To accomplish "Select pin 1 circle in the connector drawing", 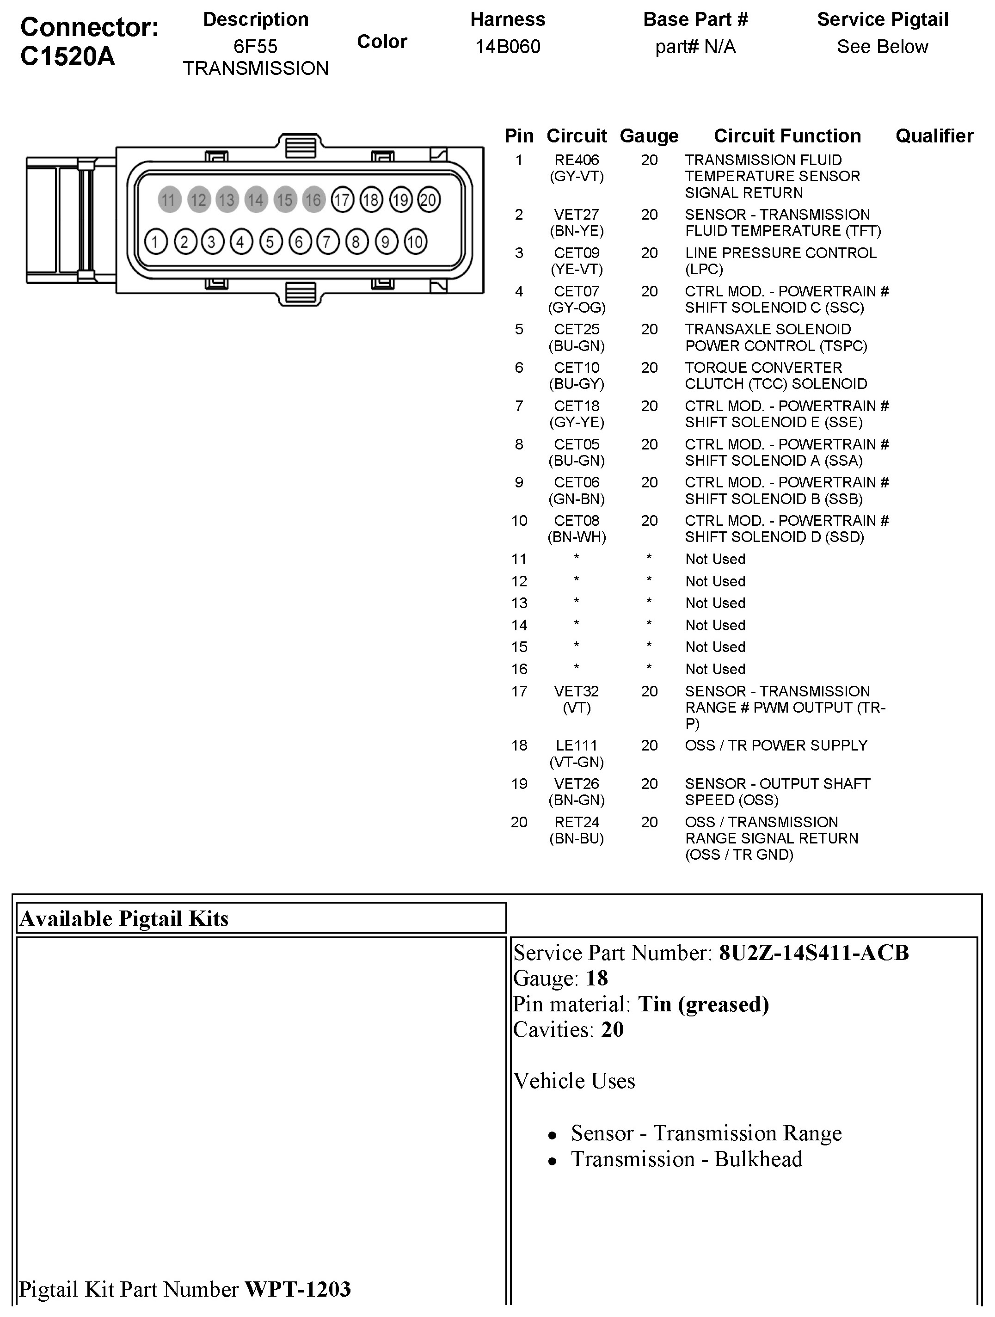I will (156, 242).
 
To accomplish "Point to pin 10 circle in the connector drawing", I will (415, 242).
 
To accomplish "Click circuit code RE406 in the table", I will (577, 160).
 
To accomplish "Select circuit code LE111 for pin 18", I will (577, 745).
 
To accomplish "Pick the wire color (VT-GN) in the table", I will (577, 762).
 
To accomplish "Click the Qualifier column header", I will (934, 136).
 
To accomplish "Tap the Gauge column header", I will (649, 136).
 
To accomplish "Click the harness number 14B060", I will (507, 46).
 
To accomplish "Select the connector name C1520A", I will (68, 56).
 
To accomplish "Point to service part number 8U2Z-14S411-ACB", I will (813, 953).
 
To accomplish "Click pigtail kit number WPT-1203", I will (298, 1289).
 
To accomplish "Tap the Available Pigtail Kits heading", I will (124, 919).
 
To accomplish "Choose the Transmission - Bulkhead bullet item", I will (686, 1159).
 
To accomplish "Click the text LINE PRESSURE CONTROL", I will (780, 253).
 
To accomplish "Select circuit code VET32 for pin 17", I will (577, 691).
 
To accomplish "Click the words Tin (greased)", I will (703, 1004).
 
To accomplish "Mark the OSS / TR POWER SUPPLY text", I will (776, 745).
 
